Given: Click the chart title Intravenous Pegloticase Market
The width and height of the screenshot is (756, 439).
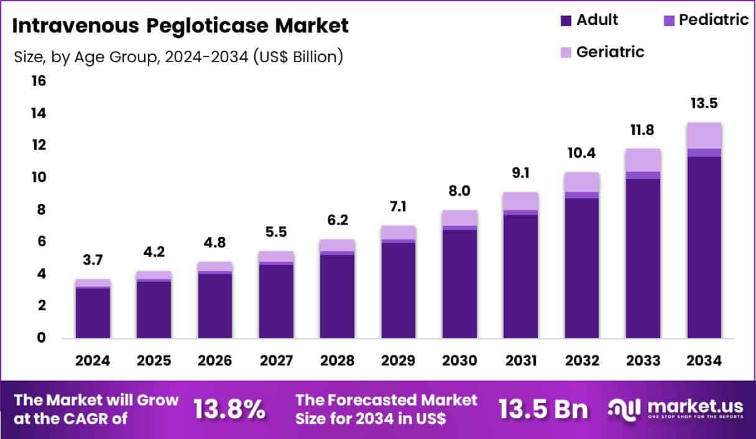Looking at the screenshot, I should [x=180, y=25].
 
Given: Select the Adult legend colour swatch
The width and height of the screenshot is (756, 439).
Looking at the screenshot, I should [x=565, y=21].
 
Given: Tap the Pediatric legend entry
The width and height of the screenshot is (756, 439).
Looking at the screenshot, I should [x=706, y=20].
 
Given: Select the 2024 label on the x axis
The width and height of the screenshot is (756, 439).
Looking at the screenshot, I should [x=93, y=361].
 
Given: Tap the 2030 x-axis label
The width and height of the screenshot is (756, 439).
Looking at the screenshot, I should [x=459, y=361].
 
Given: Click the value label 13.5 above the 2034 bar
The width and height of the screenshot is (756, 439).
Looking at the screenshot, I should [x=704, y=103].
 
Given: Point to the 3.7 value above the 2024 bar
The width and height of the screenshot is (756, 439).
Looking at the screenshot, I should [x=93, y=260].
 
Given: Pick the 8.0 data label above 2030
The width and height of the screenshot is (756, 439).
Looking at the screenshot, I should [x=459, y=191].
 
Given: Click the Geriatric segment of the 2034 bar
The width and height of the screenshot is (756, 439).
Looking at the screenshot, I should [x=704, y=136].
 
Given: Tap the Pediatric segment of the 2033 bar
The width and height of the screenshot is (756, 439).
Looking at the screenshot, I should [x=643, y=175].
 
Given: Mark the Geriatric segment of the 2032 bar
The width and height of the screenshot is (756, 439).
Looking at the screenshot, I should [x=582, y=182].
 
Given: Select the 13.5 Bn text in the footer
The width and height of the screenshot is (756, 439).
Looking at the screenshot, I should [x=543, y=409].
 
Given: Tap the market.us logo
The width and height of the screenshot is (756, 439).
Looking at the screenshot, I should [x=675, y=409].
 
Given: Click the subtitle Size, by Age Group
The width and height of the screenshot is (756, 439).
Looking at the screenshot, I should [x=178, y=57].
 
